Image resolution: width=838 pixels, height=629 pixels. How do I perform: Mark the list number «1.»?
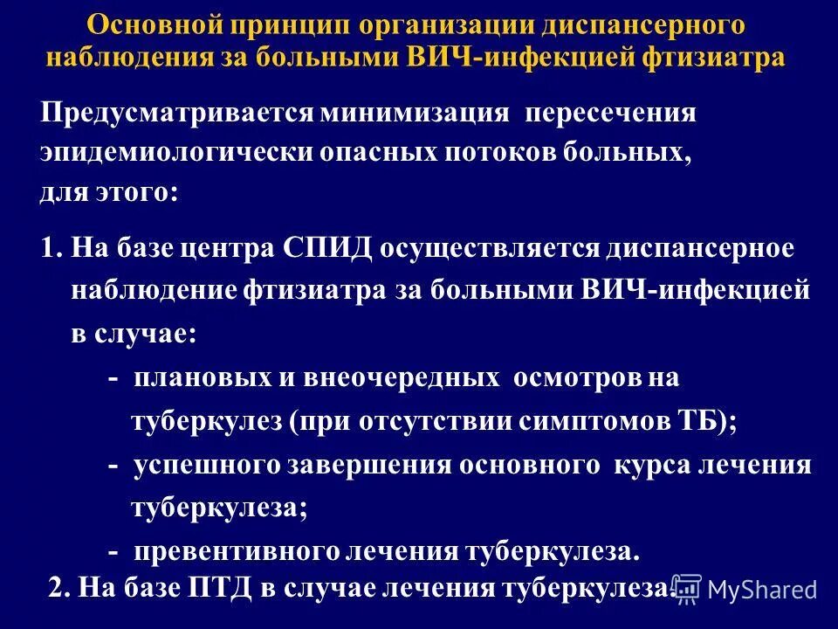click(x=51, y=248)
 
